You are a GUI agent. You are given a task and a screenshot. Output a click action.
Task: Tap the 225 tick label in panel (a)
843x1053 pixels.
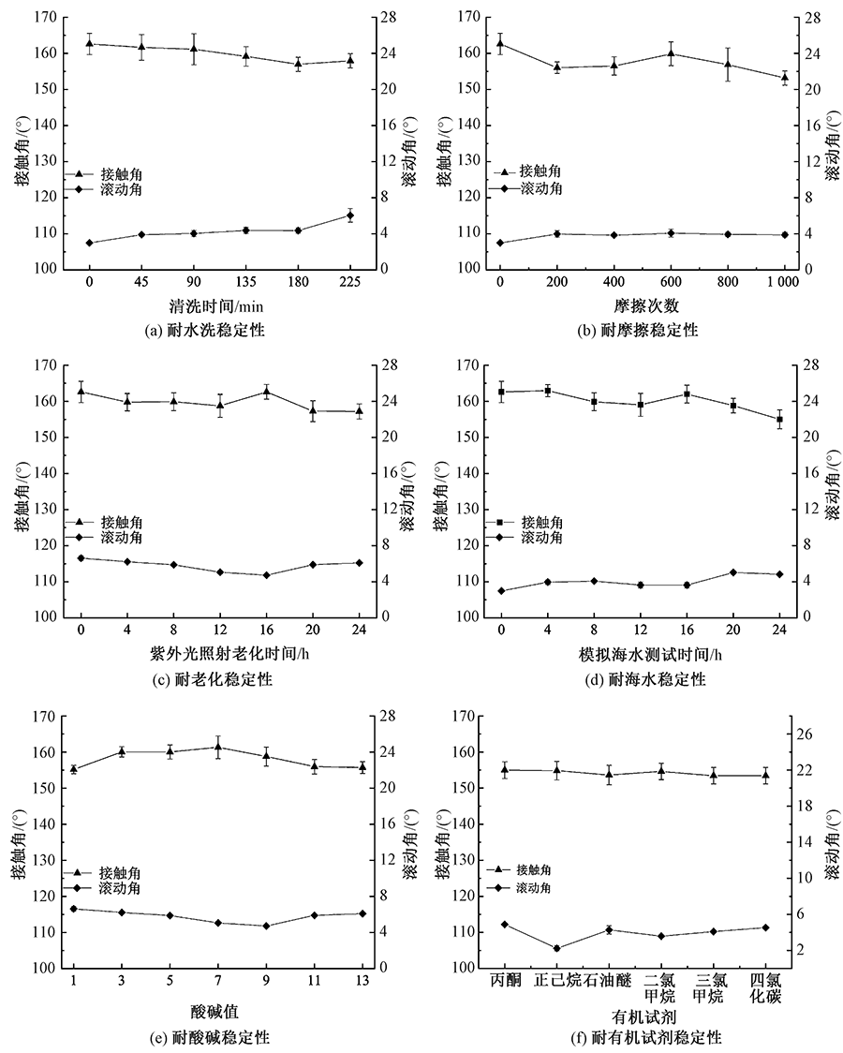pos(349,280)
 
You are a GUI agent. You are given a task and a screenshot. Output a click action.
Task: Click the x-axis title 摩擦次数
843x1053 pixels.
pos(639,305)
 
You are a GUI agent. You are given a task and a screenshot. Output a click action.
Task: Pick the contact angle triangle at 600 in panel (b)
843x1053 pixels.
pos(671,52)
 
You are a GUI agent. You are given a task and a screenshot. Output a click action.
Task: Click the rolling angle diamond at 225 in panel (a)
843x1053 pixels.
pos(349,215)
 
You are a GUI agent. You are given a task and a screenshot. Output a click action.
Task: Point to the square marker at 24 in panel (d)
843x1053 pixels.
pos(778,420)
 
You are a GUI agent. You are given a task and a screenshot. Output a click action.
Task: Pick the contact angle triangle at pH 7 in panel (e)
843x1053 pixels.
pos(218,747)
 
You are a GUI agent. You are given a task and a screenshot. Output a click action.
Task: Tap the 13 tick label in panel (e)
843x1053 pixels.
pos(362,979)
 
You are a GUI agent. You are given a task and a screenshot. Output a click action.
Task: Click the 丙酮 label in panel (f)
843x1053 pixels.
pos(505,980)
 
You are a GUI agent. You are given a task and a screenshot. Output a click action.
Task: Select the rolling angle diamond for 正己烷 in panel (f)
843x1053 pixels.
pos(556,948)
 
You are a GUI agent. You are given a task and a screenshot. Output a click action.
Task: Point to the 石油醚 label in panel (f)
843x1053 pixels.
pos(609,980)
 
